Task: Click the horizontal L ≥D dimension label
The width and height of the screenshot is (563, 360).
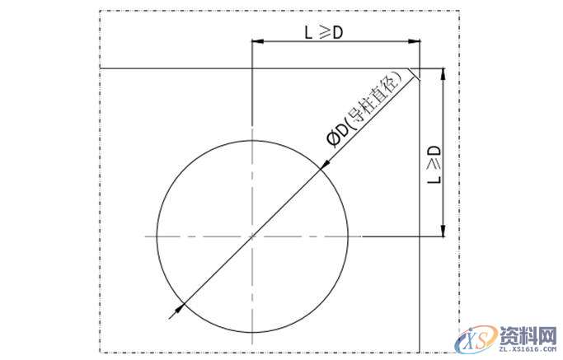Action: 324,33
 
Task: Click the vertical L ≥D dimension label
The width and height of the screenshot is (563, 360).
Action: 434,165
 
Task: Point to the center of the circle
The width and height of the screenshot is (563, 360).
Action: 252,236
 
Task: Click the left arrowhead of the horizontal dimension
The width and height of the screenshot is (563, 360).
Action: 258,41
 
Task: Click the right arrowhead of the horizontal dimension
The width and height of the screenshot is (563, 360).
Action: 415,41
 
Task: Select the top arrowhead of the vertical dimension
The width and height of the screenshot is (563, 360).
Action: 443,74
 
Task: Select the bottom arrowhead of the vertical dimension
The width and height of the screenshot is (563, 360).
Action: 443,231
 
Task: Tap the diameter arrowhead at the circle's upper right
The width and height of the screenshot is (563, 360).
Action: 324,164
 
